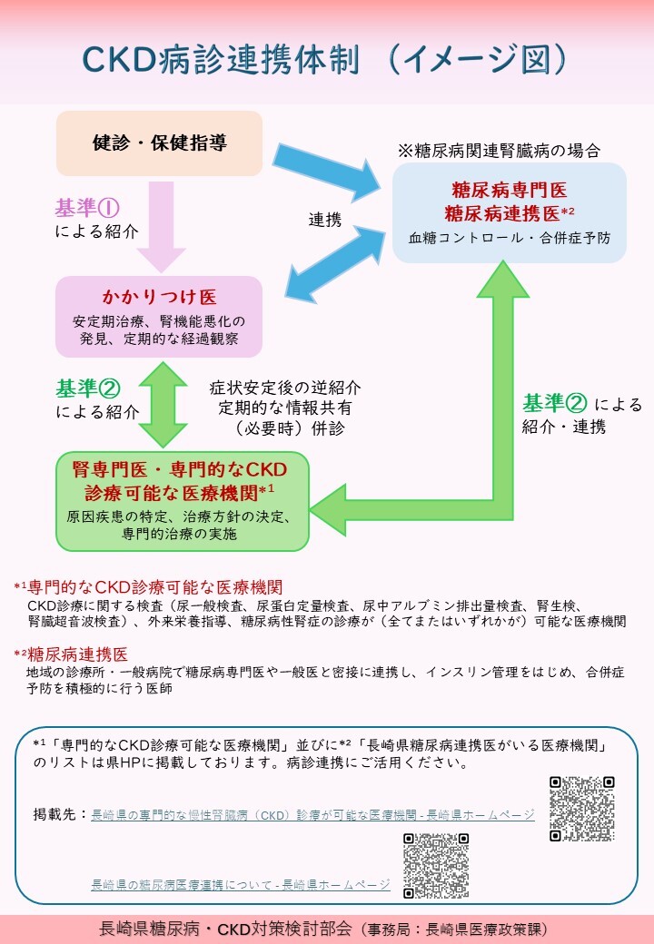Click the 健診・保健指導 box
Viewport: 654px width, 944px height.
[x=160, y=143]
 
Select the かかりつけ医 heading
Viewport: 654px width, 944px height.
[x=159, y=299]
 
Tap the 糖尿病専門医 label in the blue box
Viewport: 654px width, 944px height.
[x=509, y=191]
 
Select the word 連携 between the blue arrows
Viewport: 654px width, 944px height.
[x=324, y=220]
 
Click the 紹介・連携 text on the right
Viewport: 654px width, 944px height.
[x=563, y=427]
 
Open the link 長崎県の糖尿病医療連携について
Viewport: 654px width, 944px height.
[x=241, y=884]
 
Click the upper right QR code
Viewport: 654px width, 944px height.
[x=582, y=808]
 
